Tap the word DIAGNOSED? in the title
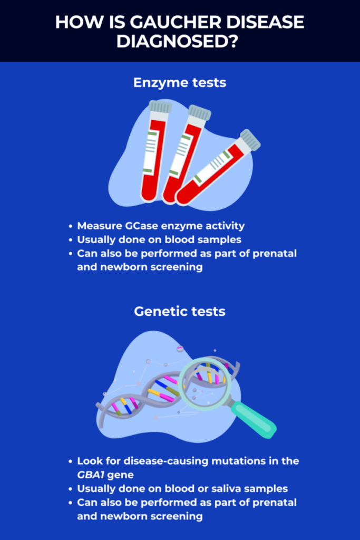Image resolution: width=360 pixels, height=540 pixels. coord(177,41)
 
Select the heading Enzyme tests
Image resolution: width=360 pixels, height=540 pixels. coord(180,83)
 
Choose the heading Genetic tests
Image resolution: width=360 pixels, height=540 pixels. coord(180,311)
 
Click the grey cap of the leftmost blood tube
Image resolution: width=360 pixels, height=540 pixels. coord(160,107)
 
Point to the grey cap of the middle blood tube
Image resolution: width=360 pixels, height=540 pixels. coord(199,113)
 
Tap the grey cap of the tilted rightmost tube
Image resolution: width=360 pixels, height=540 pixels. coord(250,140)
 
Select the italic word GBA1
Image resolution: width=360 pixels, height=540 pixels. coord(91,475)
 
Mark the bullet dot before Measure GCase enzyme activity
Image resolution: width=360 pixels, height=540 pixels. coord(71,226)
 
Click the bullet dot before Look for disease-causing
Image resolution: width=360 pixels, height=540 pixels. coord(71,461)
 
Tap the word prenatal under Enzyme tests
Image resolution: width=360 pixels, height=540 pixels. coord(274,254)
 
